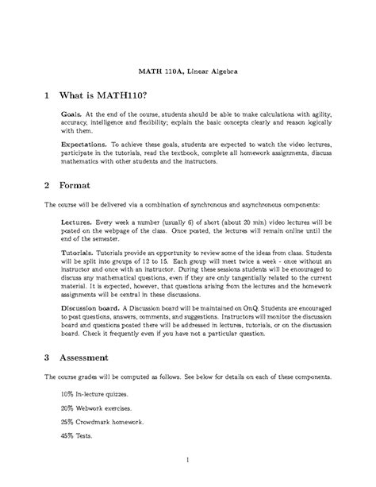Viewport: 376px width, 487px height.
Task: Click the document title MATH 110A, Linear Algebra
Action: (188, 72)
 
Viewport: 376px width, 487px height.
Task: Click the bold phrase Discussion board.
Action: (91, 306)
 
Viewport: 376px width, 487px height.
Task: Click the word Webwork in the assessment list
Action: (94, 406)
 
